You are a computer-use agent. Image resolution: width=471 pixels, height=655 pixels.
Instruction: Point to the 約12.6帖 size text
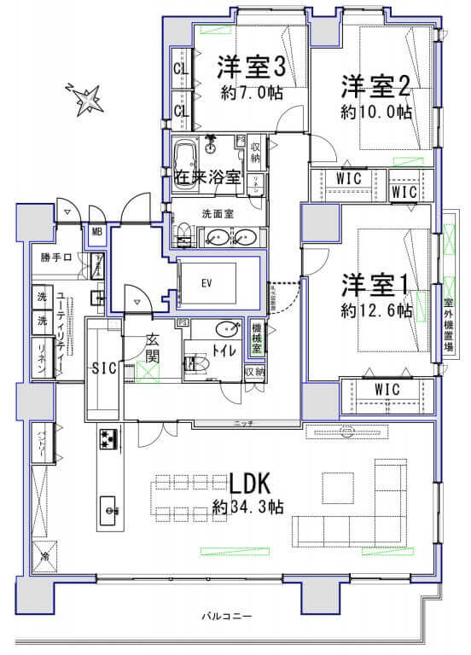tap(376, 310)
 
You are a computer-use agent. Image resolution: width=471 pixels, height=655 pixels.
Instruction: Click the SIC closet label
tap(103, 368)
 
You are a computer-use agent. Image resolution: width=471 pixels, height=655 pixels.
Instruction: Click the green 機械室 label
tap(255, 335)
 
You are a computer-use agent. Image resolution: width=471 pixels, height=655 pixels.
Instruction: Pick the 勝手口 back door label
tap(53, 256)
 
